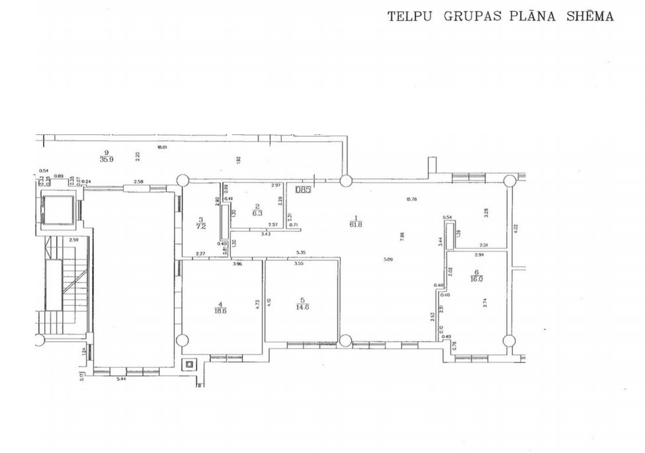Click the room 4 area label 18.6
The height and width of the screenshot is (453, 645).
click(218, 308)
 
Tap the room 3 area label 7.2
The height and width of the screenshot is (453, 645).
click(200, 226)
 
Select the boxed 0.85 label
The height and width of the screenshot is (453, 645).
click(304, 190)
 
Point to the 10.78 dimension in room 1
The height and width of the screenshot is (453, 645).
click(411, 198)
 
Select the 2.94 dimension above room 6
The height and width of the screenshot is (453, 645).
click(480, 255)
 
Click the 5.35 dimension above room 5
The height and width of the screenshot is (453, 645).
click(301, 252)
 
